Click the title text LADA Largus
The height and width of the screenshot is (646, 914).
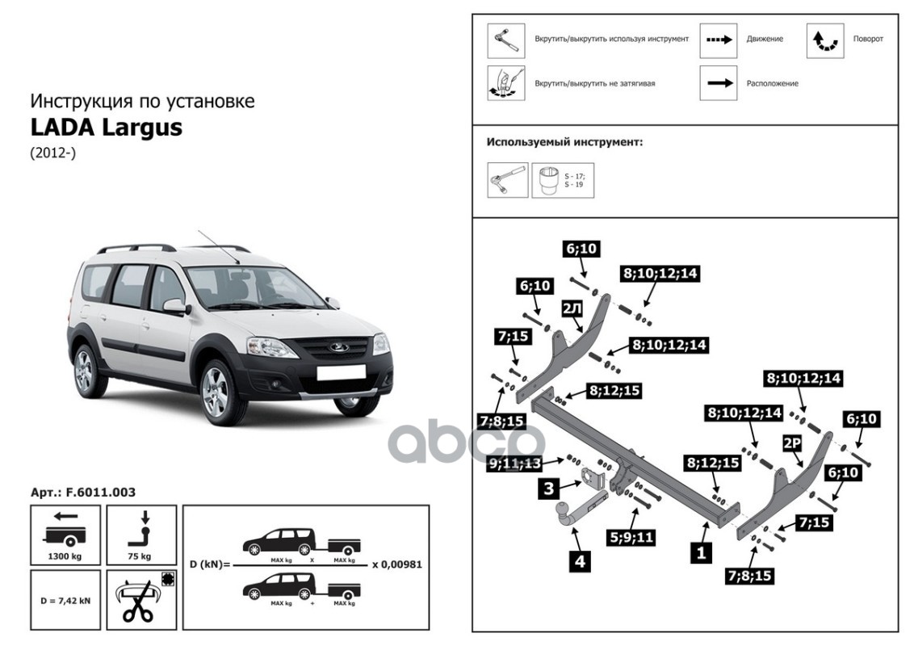point(106,128)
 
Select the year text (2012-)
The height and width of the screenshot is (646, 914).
point(52,153)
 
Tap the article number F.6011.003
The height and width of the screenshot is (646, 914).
point(82,492)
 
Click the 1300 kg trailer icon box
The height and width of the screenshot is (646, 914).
point(65,534)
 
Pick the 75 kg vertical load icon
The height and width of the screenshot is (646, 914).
point(140,534)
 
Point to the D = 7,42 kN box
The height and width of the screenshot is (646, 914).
point(65,601)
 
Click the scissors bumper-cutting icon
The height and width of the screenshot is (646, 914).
point(140,601)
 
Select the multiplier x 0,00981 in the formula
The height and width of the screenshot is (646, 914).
point(396,564)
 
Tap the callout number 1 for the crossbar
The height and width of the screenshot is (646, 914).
point(700,553)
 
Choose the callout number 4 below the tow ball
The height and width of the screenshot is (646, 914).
point(579,560)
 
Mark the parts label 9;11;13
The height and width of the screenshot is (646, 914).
point(514,463)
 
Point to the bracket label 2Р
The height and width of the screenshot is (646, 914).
point(790,443)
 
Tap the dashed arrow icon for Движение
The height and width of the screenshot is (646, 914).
point(718,39)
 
